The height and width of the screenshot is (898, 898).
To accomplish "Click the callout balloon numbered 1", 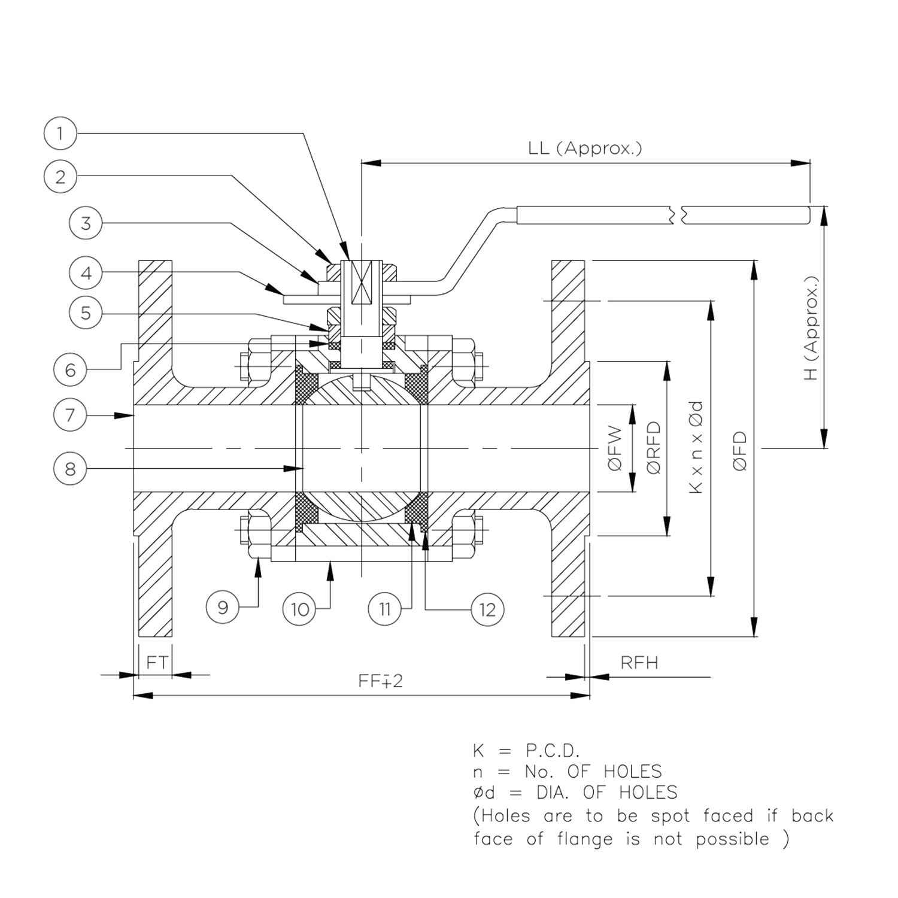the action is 60,133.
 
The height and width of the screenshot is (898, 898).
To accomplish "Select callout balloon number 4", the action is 86,274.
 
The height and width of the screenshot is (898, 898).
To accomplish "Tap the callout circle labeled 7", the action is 70,414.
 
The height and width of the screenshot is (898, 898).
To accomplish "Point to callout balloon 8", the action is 70,468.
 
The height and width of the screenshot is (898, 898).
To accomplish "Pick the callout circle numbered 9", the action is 223,608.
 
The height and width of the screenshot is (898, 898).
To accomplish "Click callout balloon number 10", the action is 299,609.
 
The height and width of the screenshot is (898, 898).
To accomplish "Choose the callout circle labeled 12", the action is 487,609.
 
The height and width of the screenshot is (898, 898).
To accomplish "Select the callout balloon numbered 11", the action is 384,609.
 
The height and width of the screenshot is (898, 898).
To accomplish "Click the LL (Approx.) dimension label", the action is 585,148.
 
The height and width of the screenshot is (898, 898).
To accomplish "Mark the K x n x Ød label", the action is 696,447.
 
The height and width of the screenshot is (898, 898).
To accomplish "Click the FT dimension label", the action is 157,662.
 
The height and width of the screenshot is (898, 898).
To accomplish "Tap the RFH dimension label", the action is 639,663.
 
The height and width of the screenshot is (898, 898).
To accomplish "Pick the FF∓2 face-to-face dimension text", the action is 381,681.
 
